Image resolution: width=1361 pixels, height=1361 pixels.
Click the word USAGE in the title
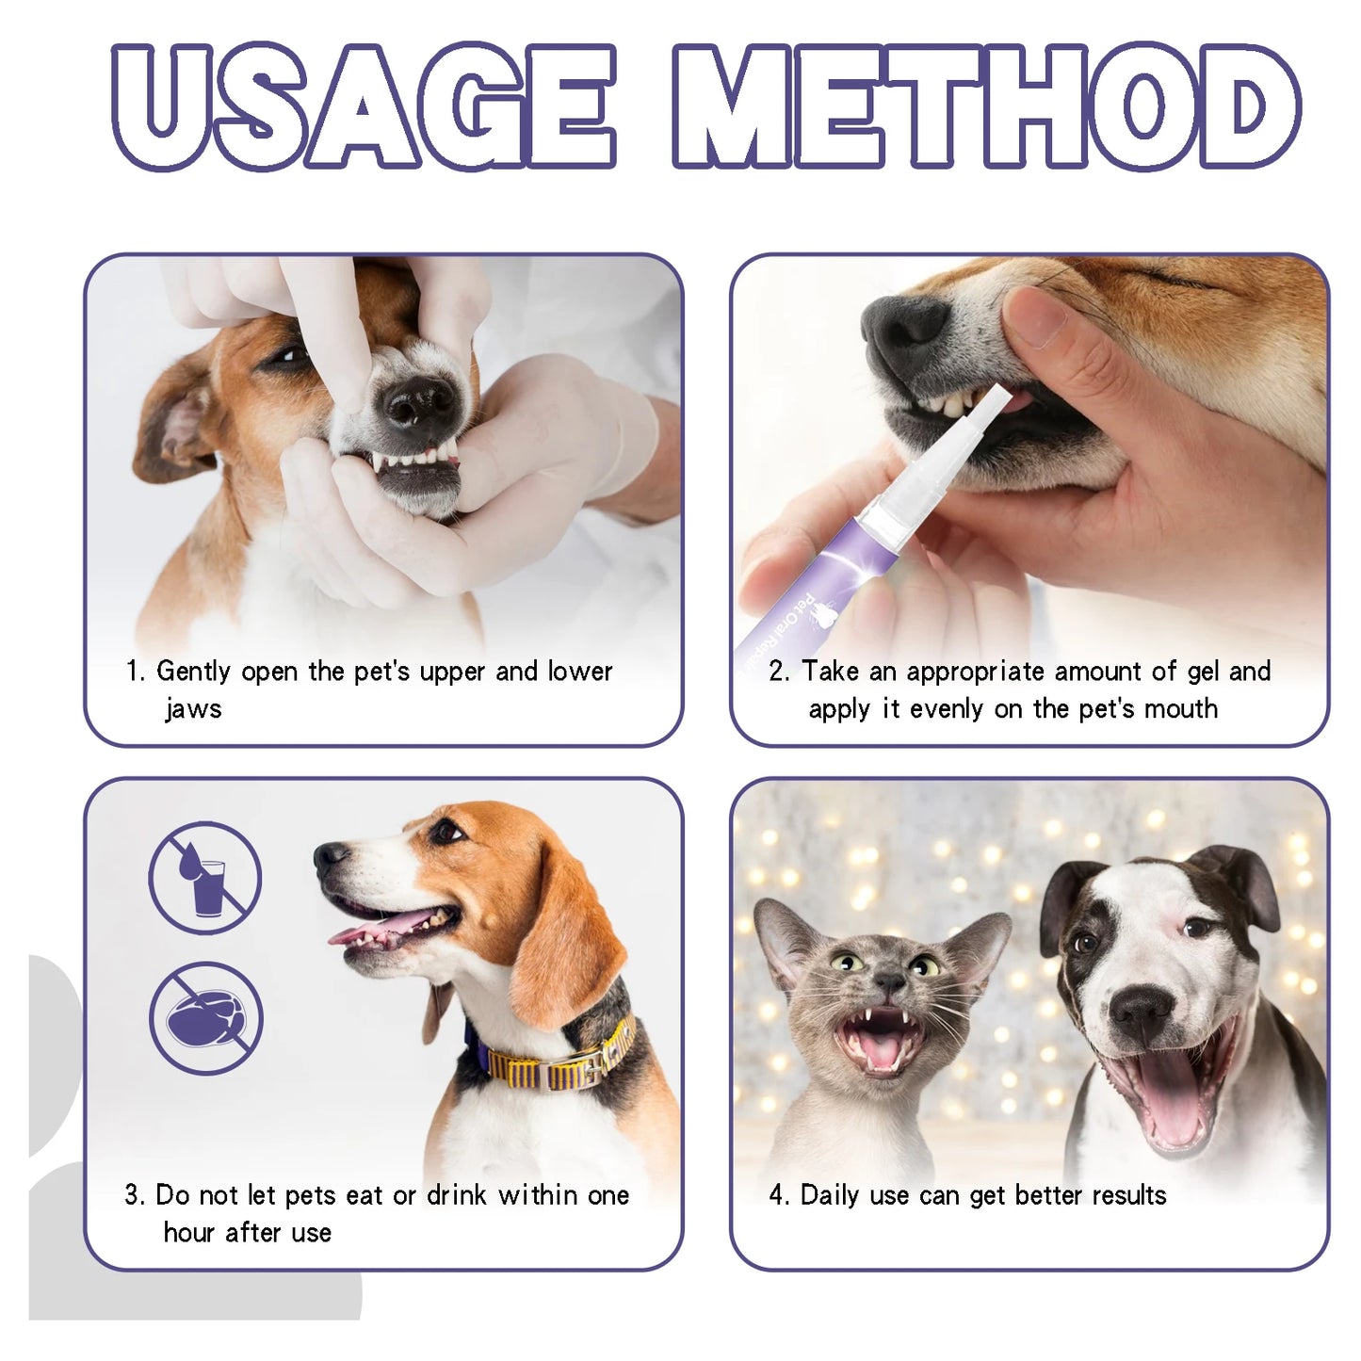point(363,106)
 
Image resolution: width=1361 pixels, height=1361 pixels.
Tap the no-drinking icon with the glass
point(205,877)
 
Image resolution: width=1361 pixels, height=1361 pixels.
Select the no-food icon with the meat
point(205,1018)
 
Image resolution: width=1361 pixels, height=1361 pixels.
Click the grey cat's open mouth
point(881,1041)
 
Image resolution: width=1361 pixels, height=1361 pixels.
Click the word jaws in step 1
point(193,708)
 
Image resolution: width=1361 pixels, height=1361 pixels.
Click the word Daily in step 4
point(830,1195)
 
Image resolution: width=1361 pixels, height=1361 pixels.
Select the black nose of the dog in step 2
point(904,325)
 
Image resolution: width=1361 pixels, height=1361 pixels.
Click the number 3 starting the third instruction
point(131,1195)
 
